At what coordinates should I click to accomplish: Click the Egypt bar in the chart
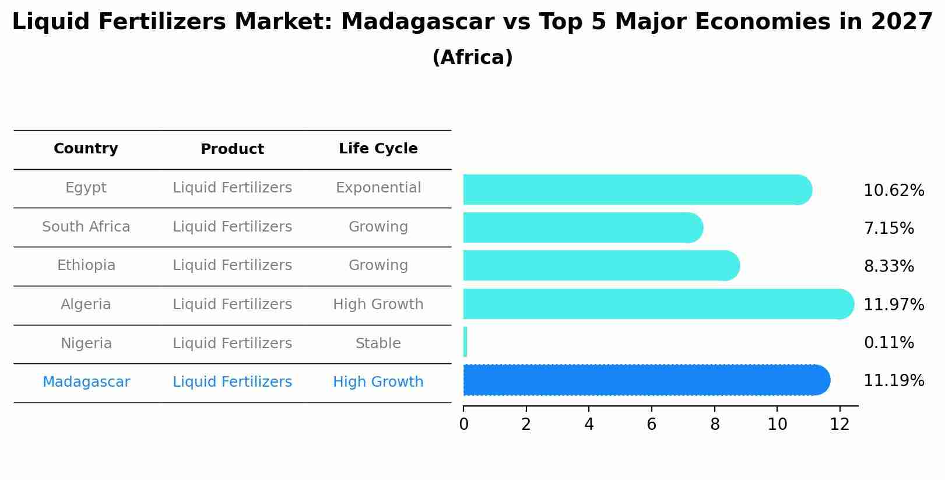coord(635,190)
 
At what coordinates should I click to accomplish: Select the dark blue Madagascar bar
coord(644,380)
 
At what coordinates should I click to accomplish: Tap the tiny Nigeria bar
coord(465,342)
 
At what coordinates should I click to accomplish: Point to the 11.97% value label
coord(893,304)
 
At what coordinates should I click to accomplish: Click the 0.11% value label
coord(888,342)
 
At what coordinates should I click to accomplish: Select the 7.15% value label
coord(888,228)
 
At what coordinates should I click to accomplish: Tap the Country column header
coord(86,149)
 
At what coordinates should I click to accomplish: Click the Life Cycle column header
coord(378,149)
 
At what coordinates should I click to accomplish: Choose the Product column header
coord(232,149)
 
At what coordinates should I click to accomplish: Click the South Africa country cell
coord(86,227)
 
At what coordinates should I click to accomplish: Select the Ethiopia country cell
coord(86,265)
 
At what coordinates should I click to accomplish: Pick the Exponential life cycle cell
coord(378,188)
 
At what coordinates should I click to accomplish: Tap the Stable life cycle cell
coord(378,344)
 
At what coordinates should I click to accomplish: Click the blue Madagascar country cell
coord(86,382)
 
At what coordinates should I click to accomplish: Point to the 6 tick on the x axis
coord(651,424)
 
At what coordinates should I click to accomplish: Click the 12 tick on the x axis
coord(839,424)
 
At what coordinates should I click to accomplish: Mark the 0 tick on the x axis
coord(463,424)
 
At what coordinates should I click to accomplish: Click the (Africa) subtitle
coord(472,58)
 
